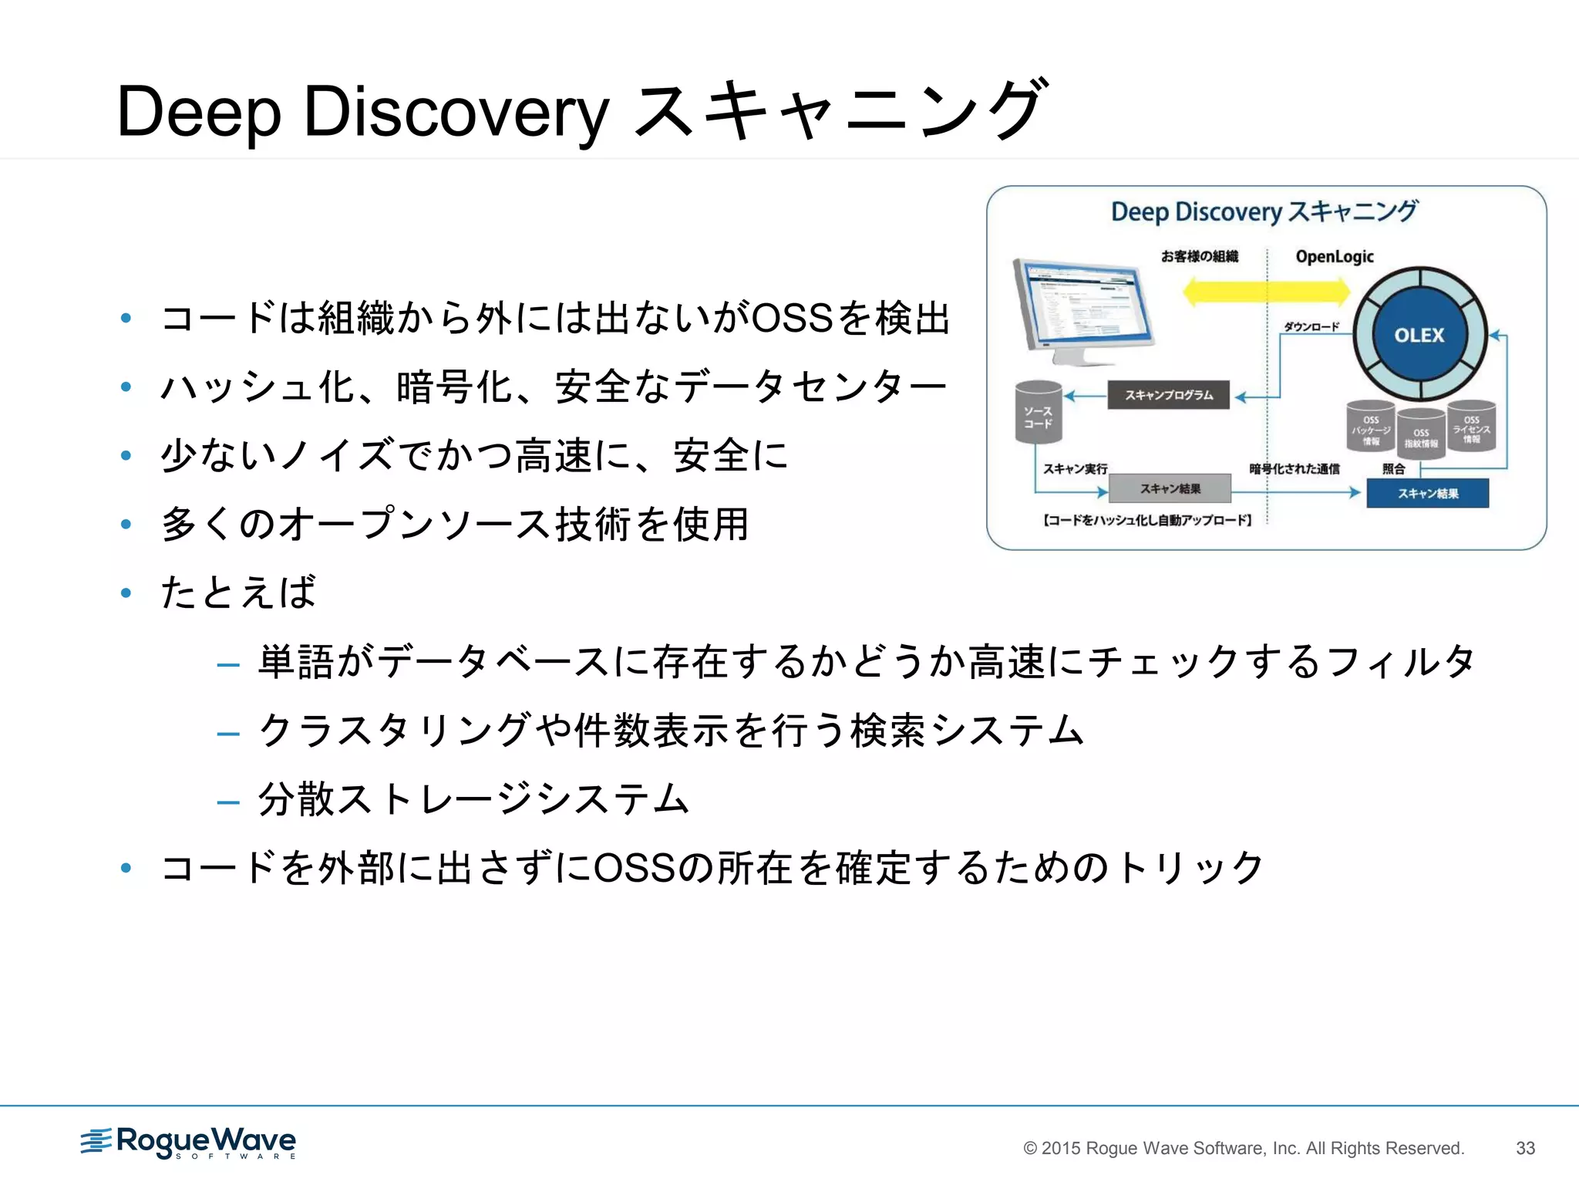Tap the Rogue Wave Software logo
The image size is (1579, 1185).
click(x=189, y=1142)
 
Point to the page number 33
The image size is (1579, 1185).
click(x=1525, y=1148)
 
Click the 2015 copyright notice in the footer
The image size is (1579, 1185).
click(x=1243, y=1148)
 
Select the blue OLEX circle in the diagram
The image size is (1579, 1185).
click(x=1419, y=335)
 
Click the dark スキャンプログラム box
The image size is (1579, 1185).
click(x=1168, y=395)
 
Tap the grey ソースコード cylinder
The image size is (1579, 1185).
click(x=1038, y=414)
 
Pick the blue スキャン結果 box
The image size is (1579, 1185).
click(x=1427, y=494)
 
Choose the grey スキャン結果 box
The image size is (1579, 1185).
click(x=1170, y=488)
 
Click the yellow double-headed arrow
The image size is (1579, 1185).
click(x=1266, y=292)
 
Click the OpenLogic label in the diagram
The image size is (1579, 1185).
click(x=1335, y=257)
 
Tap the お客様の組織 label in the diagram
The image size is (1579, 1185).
click(x=1200, y=256)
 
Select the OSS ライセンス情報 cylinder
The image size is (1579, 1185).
click(x=1471, y=427)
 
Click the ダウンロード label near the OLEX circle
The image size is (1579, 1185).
click(x=1311, y=326)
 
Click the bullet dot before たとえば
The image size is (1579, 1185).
click(x=126, y=593)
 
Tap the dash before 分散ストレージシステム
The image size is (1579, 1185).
click(x=228, y=802)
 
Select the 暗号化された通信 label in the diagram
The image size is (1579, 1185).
click(x=1294, y=468)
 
